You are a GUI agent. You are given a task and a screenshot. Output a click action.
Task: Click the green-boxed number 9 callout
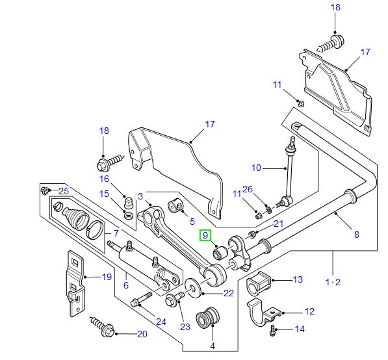[x=205, y=235]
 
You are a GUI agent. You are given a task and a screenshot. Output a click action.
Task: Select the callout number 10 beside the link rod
[x=256, y=168]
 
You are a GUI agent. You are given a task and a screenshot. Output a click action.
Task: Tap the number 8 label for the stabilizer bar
[x=356, y=235]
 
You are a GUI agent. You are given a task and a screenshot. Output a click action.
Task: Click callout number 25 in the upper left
[x=63, y=190]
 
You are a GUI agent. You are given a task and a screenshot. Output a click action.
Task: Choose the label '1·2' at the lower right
[x=332, y=283]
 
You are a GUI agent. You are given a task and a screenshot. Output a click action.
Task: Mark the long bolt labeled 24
[x=142, y=302]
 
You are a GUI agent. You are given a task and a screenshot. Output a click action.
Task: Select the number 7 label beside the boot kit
[x=116, y=233]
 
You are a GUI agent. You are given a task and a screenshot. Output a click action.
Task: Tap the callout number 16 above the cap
[x=105, y=178]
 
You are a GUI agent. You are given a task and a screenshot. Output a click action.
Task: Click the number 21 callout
[x=279, y=224]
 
